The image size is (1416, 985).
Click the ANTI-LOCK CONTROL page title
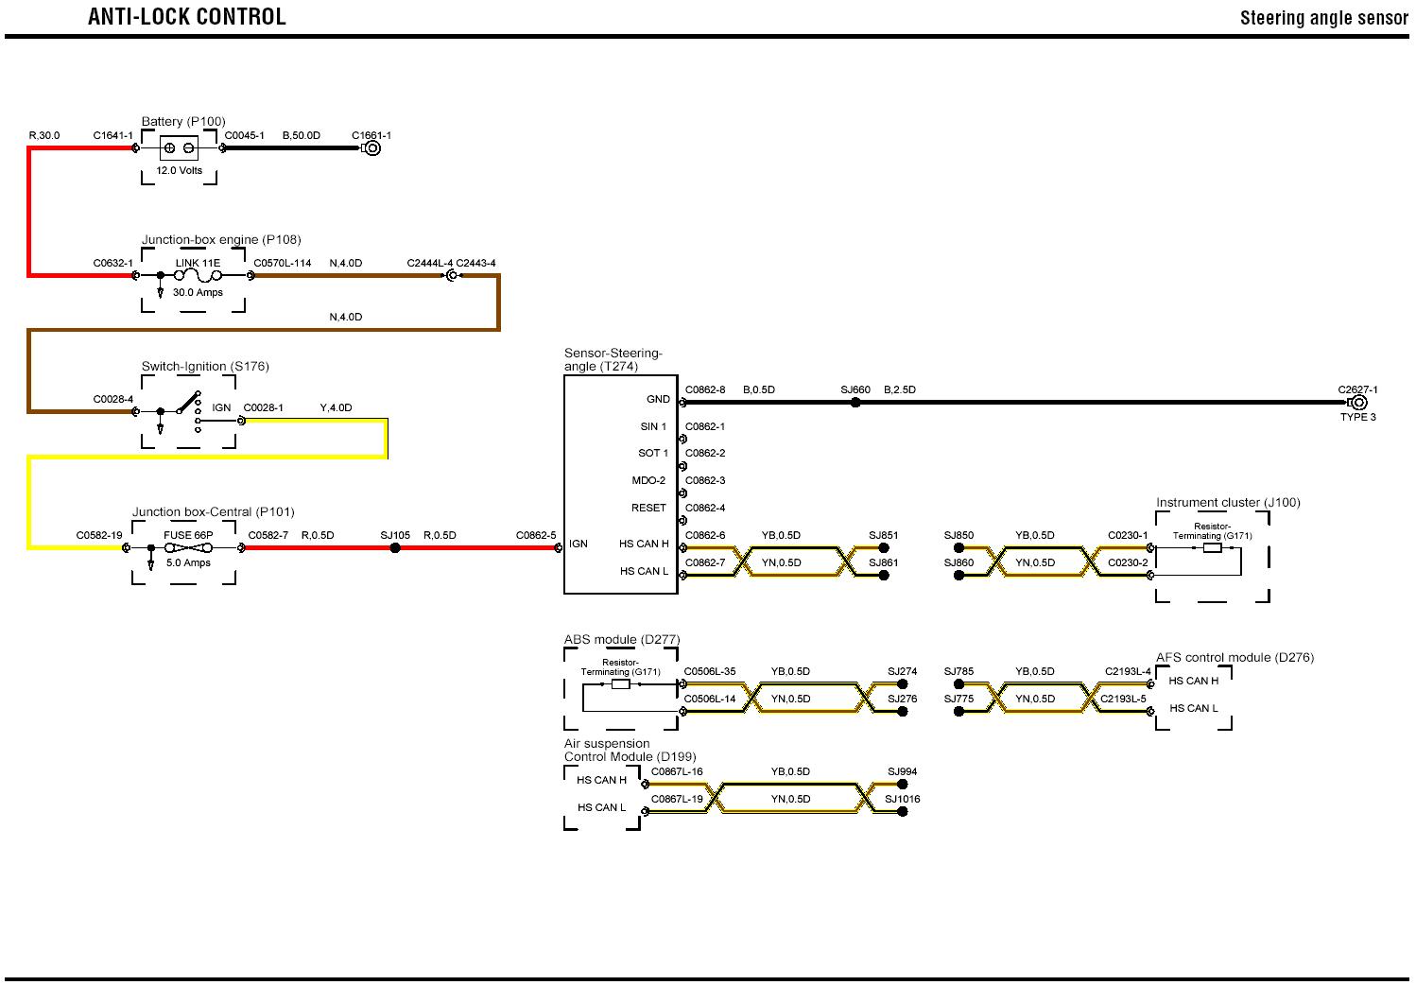pos(186,17)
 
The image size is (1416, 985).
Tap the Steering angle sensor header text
pos(1323,18)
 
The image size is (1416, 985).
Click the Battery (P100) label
pos(183,121)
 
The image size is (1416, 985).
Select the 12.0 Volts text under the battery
pos(180,171)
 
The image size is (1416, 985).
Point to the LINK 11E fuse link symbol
pos(198,275)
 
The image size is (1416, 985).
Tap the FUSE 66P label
pos(188,535)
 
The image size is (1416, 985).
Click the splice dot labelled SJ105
pos(395,548)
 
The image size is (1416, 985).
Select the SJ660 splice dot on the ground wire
pos(855,403)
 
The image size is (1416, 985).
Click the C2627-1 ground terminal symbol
pos(1359,403)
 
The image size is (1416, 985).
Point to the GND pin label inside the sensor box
pos(658,400)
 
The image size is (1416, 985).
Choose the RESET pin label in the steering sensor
pos(648,508)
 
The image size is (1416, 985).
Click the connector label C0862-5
pos(536,536)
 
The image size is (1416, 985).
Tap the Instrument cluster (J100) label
pos(1228,502)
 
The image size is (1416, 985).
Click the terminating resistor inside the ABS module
pos(621,683)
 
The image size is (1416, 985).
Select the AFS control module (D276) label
pos(1235,657)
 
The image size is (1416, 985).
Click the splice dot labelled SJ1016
pos(903,812)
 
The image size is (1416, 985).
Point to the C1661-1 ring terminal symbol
pos(372,148)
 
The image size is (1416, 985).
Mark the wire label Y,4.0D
pos(336,408)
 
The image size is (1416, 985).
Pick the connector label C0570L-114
pos(283,263)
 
